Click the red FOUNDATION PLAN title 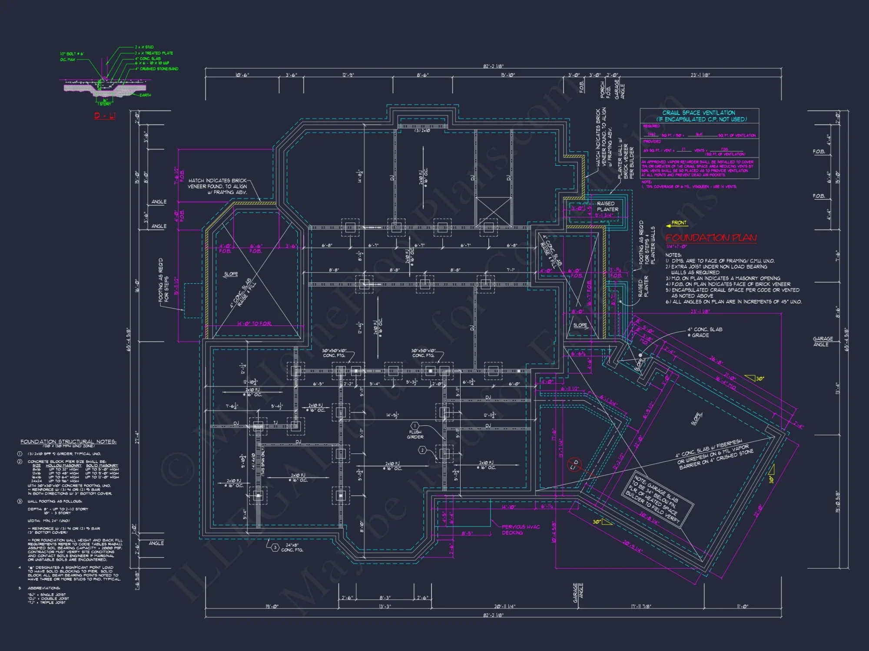pyautogui.click(x=711, y=238)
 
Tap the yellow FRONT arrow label pyautogui.click(x=679, y=223)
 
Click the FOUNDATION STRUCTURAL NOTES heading pyautogui.click(x=68, y=442)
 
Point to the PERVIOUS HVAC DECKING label pyautogui.click(x=520, y=529)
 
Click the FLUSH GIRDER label pyautogui.click(x=415, y=434)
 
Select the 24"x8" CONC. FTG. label pyautogui.click(x=292, y=548)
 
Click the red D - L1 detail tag pyautogui.click(x=105, y=116)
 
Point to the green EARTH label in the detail pyautogui.click(x=145, y=95)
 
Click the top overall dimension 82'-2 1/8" pyautogui.click(x=493, y=66)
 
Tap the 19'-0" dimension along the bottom pyautogui.click(x=272, y=607)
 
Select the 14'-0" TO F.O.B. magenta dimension pyautogui.click(x=254, y=324)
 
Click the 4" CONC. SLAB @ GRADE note pyautogui.click(x=704, y=332)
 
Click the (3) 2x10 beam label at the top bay pyautogui.click(x=422, y=131)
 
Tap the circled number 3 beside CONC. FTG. pyautogui.click(x=275, y=548)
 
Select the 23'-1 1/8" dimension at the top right pyautogui.click(x=700, y=75)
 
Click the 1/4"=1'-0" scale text pyautogui.click(x=677, y=247)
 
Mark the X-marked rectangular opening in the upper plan pyautogui.click(x=493, y=211)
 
